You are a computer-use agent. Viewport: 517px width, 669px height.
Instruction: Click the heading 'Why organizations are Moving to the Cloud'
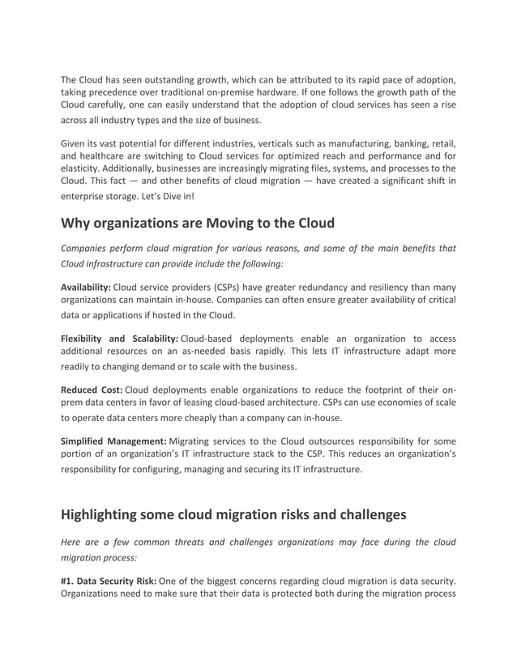coord(198,223)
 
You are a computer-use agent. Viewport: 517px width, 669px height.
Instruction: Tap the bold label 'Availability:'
coord(87,287)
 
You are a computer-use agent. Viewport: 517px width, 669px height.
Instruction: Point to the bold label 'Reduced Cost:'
coord(92,390)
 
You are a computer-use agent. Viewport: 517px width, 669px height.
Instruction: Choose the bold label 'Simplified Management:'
coord(113,441)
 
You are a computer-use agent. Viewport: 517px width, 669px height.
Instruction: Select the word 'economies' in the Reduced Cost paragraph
coord(395,403)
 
